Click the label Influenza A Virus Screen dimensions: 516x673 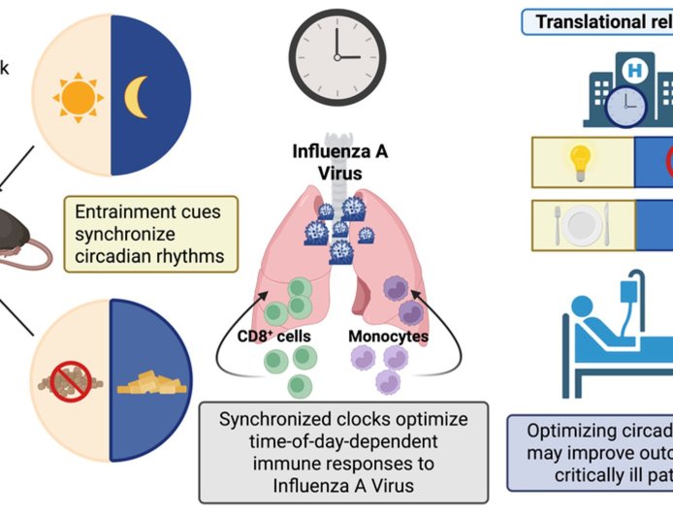point(334,161)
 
